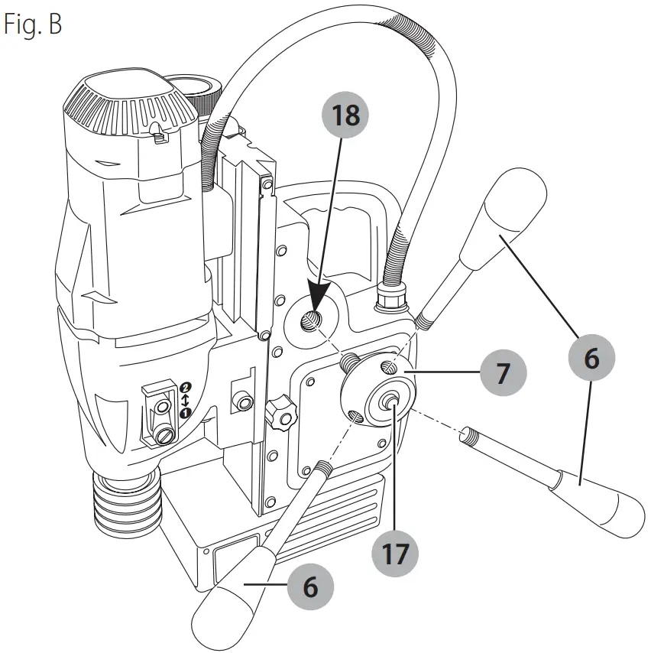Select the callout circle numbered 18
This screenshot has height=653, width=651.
pyautogui.click(x=346, y=116)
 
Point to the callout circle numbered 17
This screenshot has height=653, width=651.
pyautogui.click(x=395, y=554)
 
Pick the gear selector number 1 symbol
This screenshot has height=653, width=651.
pyautogui.click(x=184, y=413)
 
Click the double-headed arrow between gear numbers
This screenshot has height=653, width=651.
pyautogui.click(x=184, y=399)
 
